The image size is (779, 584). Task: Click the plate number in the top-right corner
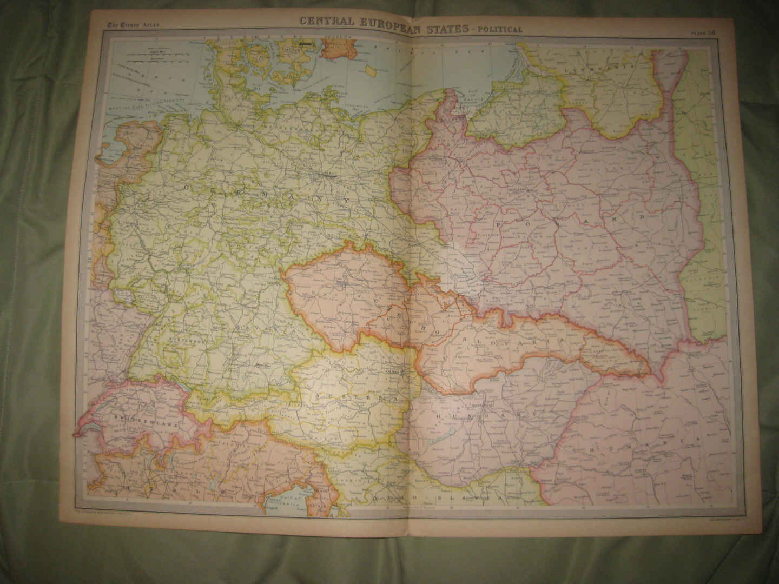pyautogui.click(x=703, y=32)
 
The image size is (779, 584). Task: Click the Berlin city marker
pyautogui.click(x=329, y=174)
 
